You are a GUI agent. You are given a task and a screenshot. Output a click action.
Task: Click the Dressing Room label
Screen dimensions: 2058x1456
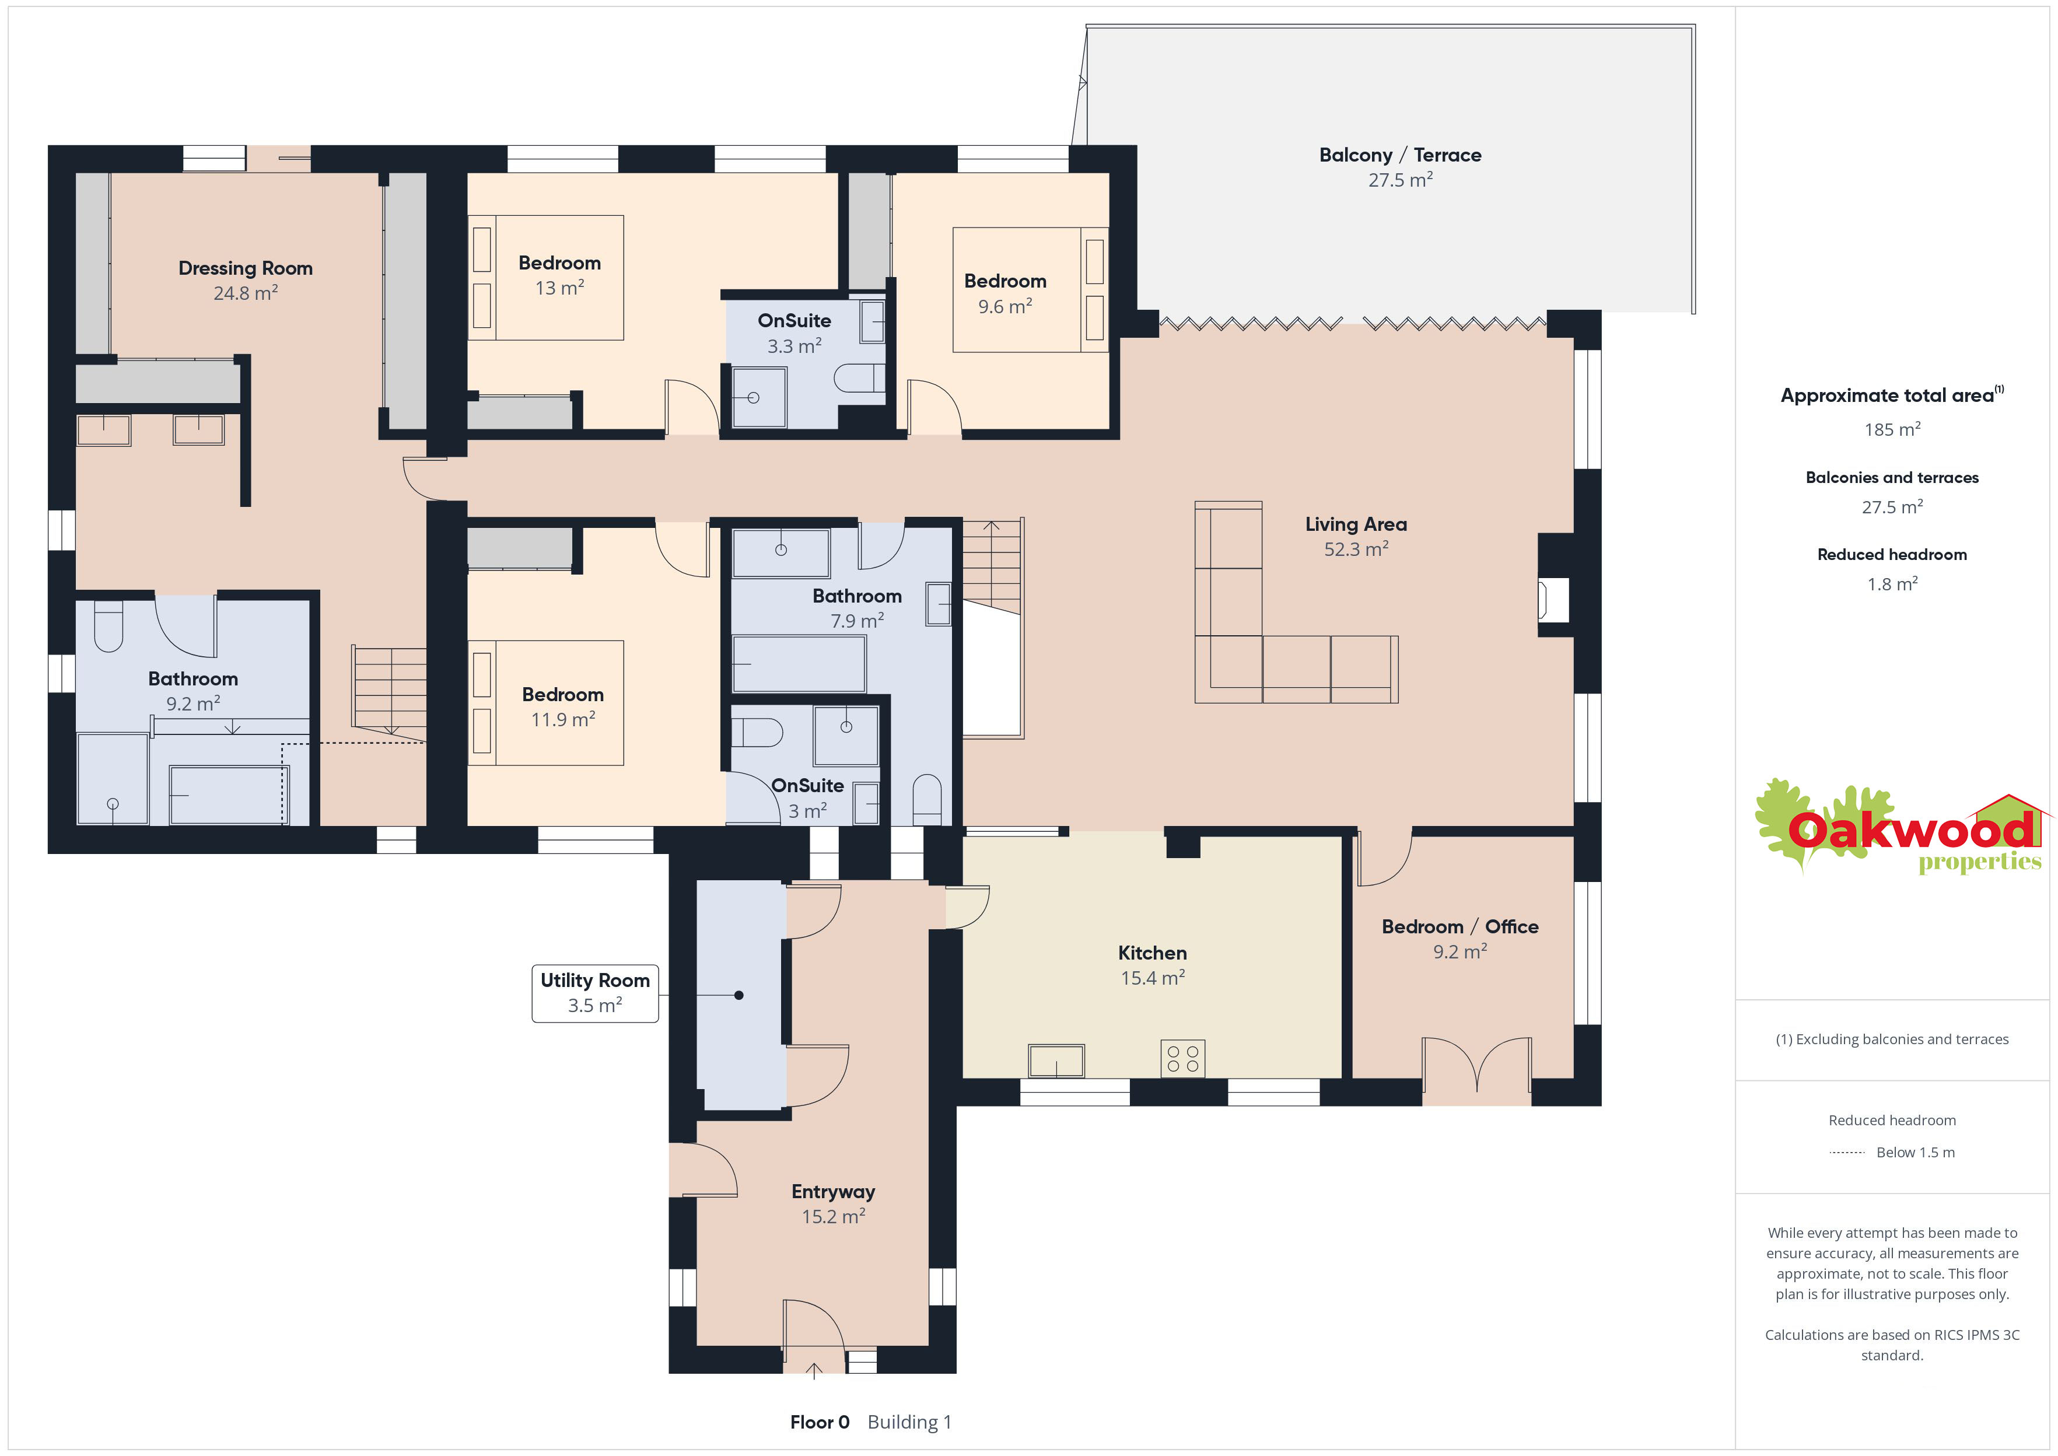click(x=246, y=268)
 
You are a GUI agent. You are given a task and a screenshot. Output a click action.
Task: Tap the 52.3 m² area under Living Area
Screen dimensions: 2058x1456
click(x=1356, y=549)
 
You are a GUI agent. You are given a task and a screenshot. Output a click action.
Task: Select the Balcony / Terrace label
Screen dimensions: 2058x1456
click(x=1400, y=155)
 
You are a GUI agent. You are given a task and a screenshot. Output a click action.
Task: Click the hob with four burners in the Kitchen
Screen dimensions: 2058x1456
click(x=1182, y=1058)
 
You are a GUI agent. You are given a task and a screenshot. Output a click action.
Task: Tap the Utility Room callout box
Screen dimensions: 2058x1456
click(x=595, y=993)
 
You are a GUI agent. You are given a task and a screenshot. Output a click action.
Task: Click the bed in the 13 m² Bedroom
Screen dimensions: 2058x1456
click(x=546, y=277)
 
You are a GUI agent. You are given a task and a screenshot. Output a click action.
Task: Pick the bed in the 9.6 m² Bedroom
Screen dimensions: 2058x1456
click(x=1031, y=289)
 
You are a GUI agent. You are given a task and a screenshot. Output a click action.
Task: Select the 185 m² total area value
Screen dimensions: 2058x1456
click(x=1892, y=429)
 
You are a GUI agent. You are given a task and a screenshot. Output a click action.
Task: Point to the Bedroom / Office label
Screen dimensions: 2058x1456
click(x=1460, y=927)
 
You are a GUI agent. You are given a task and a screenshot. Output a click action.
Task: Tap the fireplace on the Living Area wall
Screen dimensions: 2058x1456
click(x=1553, y=600)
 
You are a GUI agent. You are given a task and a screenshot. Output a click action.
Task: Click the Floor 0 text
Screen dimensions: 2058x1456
click(x=819, y=1422)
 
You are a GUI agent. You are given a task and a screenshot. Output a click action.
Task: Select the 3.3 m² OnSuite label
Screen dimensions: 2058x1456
click(x=794, y=332)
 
